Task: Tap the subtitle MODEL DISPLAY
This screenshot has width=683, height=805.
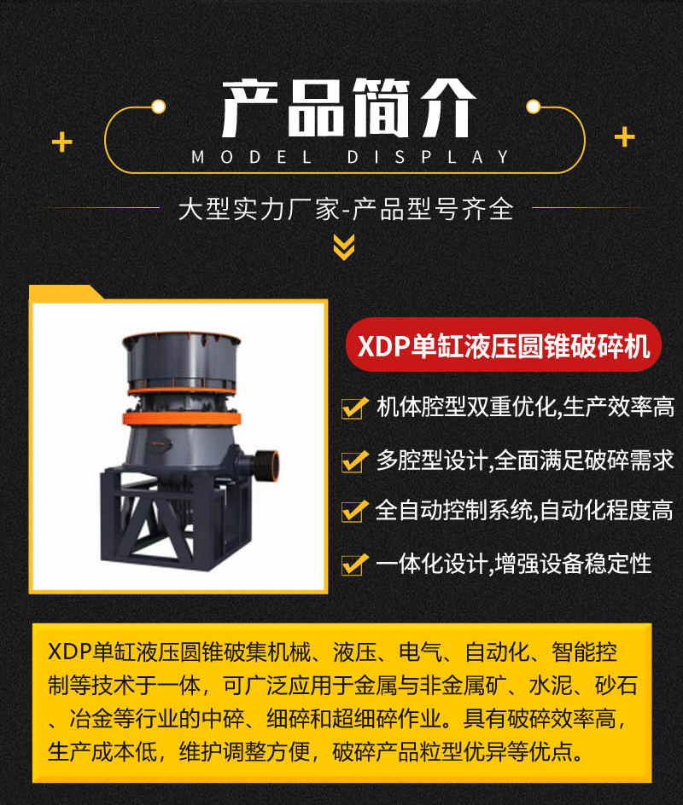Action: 351,157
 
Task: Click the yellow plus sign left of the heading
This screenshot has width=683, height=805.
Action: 62,142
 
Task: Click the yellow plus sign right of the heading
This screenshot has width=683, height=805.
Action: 625,136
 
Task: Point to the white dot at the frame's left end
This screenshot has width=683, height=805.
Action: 158,107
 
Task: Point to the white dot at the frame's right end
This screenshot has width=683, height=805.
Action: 534,107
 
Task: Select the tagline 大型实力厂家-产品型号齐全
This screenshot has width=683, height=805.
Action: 346,209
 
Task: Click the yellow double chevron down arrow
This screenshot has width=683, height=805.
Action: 344,247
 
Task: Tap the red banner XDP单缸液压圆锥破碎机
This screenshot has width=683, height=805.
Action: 504,345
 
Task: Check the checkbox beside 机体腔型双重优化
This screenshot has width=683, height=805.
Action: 354,408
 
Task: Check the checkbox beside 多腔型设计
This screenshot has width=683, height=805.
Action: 354,461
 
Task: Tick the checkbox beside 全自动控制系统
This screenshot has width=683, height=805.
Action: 354,511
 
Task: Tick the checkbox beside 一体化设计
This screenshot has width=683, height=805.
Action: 354,564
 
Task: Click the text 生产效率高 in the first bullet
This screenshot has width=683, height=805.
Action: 618,407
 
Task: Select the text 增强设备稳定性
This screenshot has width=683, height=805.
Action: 574,564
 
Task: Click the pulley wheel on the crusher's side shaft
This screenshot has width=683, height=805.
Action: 267,465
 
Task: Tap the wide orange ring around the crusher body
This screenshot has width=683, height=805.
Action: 181,419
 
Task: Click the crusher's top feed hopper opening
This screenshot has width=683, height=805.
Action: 181,339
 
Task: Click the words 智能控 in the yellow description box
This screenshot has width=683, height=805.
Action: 584,652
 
